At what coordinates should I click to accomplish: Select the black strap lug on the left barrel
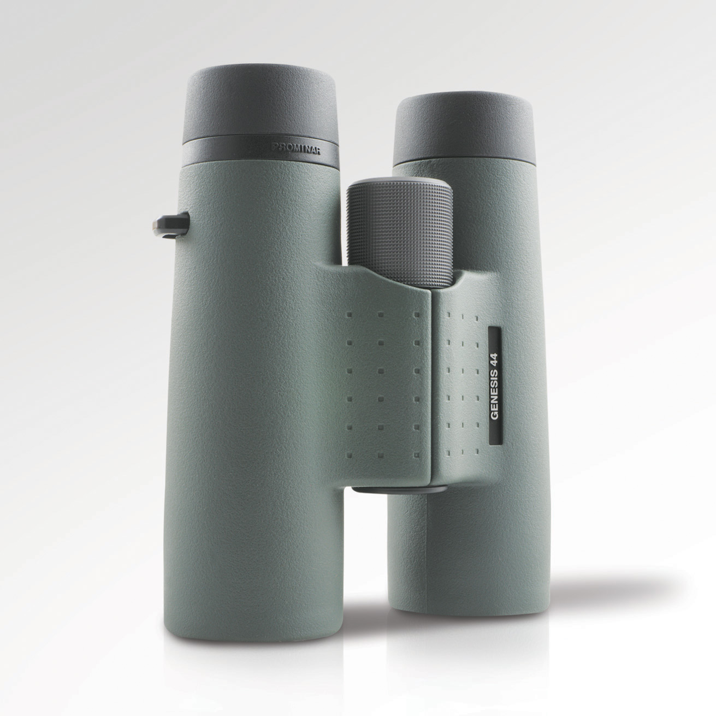[171, 224]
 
